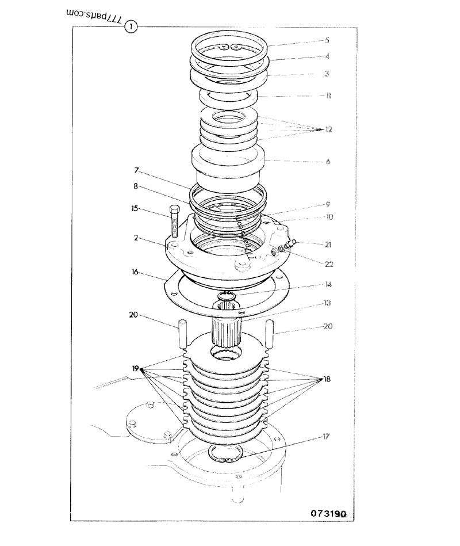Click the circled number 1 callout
pyautogui.click(x=132, y=26)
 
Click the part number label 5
pyautogui.click(x=327, y=41)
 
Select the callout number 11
pyautogui.click(x=327, y=96)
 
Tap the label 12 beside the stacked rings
pyautogui.click(x=328, y=129)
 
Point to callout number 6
pyautogui.click(x=328, y=162)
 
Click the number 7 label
pyautogui.click(x=136, y=171)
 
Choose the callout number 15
pyautogui.click(x=135, y=208)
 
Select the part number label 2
pyautogui.click(x=136, y=237)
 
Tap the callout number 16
pyautogui.click(x=135, y=272)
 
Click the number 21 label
pyautogui.click(x=328, y=245)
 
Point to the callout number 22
pyautogui.click(x=328, y=265)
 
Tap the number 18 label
pyautogui.click(x=328, y=380)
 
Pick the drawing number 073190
pyautogui.click(x=328, y=513)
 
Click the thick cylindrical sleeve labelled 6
pyautogui.click(x=227, y=164)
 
